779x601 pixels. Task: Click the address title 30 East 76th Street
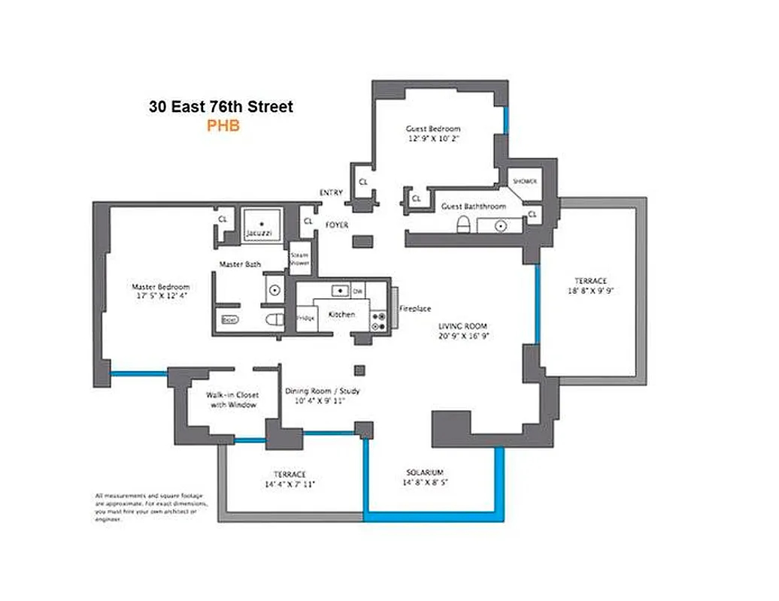(221, 107)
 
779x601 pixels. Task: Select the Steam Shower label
(300, 259)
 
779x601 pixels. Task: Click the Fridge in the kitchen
(305, 317)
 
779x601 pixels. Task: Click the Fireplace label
(415, 309)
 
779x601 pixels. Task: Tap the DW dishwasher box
(359, 290)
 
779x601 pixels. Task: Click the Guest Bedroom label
(433, 128)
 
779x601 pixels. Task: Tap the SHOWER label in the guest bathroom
(524, 182)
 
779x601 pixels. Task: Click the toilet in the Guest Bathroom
(464, 224)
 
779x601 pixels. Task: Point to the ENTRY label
(331, 193)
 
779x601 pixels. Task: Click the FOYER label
(336, 225)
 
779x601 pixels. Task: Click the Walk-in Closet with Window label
(232, 400)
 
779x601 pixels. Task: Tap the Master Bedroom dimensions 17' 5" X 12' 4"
(160, 297)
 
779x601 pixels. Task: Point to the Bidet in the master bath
(229, 319)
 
